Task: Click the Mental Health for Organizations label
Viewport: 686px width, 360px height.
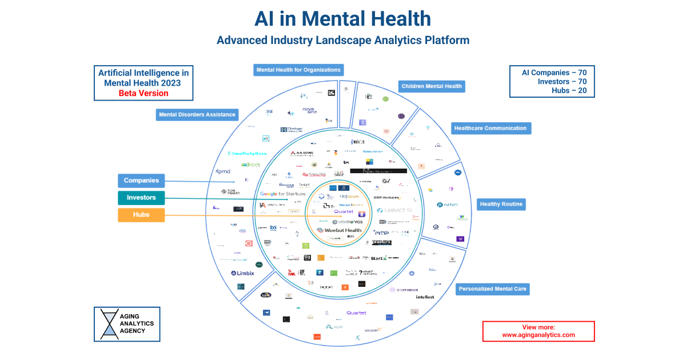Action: (x=298, y=70)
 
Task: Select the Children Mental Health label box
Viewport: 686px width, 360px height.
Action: (x=432, y=86)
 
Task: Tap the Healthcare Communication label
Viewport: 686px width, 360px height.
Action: (x=490, y=128)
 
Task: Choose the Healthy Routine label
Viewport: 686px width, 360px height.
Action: (x=500, y=204)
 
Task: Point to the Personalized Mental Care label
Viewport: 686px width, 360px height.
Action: (x=492, y=289)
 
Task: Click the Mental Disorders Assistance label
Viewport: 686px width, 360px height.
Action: (x=197, y=114)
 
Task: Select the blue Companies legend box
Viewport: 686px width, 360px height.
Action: (x=141, y=181)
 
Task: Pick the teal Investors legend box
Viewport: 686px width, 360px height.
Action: (x=141, y=198)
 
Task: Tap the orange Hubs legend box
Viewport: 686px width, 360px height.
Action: (x=141, y=215)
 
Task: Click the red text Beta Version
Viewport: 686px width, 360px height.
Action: (x=143, y=93)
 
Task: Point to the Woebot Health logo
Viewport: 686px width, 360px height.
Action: (x=340, y=230)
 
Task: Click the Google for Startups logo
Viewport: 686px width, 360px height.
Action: (x=283, y=194)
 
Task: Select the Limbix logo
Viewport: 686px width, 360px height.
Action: (x=242, y=273)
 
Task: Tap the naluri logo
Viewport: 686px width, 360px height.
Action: (x=448, y=204)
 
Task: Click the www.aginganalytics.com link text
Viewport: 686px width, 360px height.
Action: (x=539, y=335)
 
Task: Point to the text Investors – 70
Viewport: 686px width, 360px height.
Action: (x=562, y=82)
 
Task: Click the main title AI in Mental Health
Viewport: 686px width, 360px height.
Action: (x=342, y=19)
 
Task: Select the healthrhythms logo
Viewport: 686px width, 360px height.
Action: (x=247, y=153)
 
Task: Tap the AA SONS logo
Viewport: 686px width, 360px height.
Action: (x=301, y=153)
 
